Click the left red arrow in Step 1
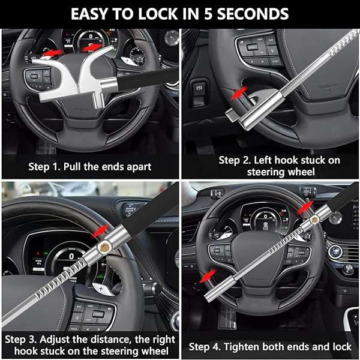click(x=53, y=53)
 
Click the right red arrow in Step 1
click(x=89, y=47)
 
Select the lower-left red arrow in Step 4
click(x=209, y=275)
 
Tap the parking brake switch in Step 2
click(x=198, y=88)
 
